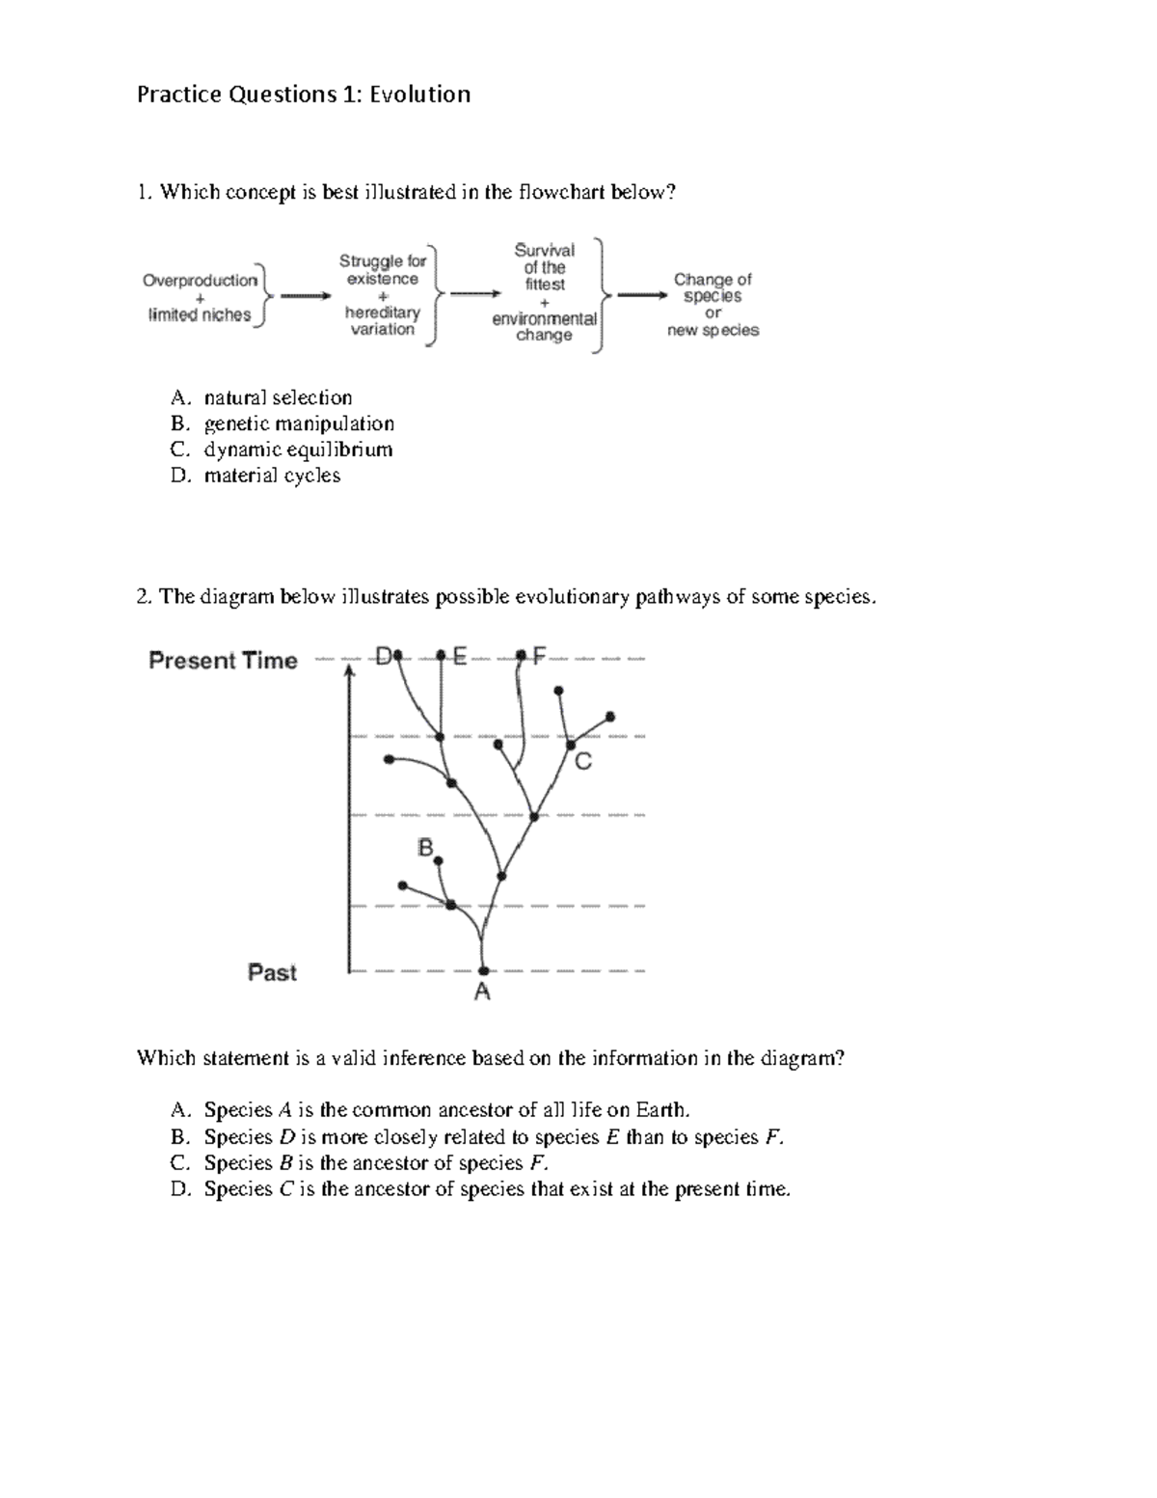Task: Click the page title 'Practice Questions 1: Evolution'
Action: click(304, 95)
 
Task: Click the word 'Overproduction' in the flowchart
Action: click(201, 281)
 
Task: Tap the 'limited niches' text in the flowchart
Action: click(200, 315)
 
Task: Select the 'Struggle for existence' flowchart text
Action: click(383, 270)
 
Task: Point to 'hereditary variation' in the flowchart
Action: click(383, 321)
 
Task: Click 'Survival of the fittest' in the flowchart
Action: click(545, 267)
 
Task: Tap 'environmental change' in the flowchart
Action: click(545, 327)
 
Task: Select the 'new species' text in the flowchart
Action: click(713, 330)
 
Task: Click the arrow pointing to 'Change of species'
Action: click(641, 296)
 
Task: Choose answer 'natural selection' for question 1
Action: click(278, 397)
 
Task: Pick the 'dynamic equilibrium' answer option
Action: click(298, 449)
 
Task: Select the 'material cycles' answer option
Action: click(272, 476)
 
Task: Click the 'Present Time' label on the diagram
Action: click(223, 661)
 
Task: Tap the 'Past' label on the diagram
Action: click(272, 972)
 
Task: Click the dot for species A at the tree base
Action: click(484, 970)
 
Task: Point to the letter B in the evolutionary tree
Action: click(425, 848)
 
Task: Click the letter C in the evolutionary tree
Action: click(582, 763)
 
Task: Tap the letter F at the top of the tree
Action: click(538, 656)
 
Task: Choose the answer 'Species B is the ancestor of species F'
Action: click(376, 1163)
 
